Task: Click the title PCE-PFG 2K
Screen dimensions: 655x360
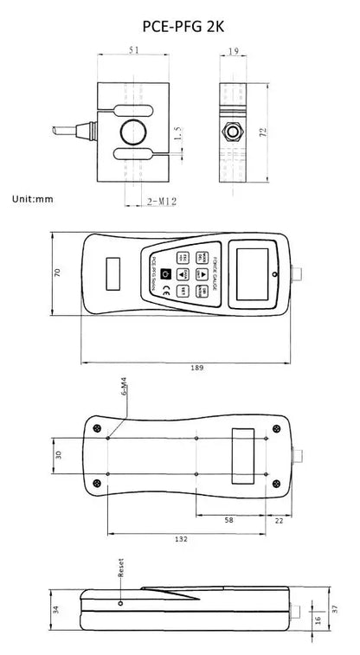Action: [x=179, y=27]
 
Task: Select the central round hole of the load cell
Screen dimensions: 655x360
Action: [x=133, y=132]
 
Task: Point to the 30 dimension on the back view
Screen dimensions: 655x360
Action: [x=57, y=454]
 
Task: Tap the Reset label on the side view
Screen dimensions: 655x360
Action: [x=120, y=568]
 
